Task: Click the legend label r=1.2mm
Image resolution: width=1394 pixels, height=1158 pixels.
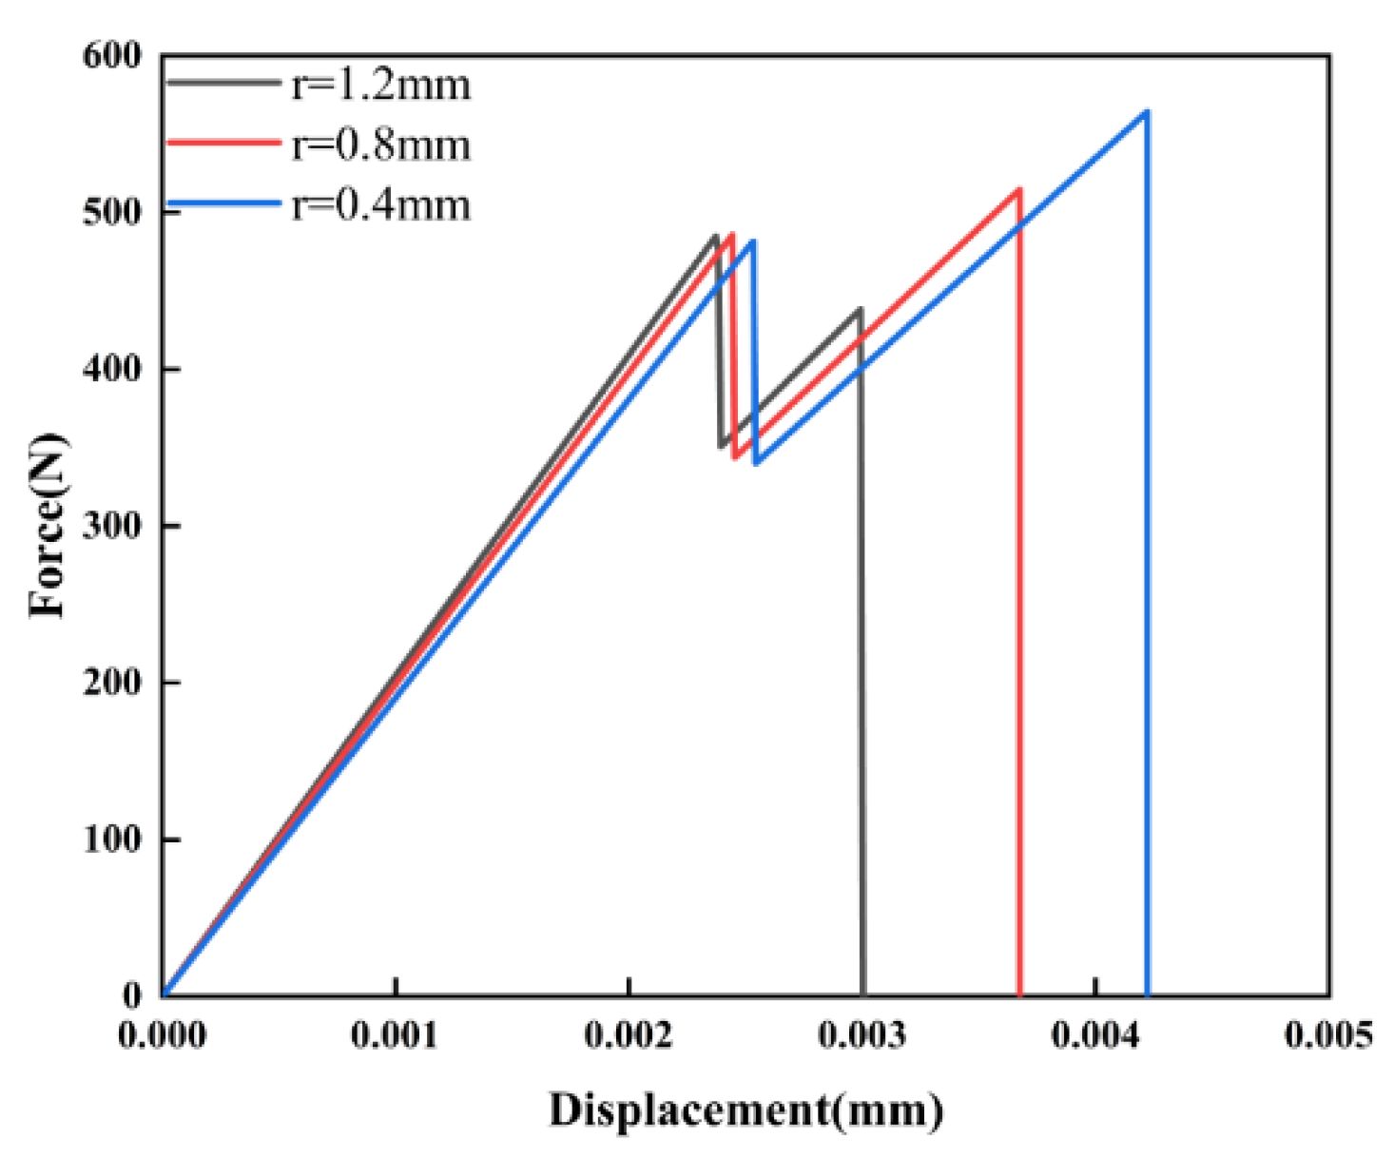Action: tap(380, 86)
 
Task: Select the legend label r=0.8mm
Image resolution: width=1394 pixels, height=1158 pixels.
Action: tap(380, 145)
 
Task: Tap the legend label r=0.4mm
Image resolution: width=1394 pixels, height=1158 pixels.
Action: tap(380, 205)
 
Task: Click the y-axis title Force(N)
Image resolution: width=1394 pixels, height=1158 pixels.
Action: tap(48, 525)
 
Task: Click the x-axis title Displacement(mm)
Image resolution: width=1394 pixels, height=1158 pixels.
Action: tap(745, 1110)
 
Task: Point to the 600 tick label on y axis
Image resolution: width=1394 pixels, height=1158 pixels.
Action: tap(111, 56)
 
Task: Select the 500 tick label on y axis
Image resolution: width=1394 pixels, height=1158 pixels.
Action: tap(111, 212)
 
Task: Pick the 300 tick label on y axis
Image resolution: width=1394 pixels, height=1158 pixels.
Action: tap(111, 526)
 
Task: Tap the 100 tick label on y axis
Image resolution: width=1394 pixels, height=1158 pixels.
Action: tap(111, 840)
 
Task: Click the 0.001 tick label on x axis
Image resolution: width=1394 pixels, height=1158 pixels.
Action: tap(395, 1035)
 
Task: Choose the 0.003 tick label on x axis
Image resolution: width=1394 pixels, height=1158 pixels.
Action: tap(862, 1035)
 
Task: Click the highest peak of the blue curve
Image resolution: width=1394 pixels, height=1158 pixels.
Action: tap(1147, 112)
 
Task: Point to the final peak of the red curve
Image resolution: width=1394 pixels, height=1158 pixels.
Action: tap(1019, 190)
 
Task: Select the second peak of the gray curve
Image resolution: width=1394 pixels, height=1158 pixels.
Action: tap(860, 309)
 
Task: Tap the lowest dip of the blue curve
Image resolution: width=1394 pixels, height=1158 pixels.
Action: tap(756, 463)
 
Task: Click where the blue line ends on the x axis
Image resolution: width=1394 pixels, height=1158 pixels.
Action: tap(1148, 994)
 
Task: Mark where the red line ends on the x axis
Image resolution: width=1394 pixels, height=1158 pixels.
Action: tap(1019, 994)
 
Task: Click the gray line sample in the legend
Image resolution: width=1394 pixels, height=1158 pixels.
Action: tap(224, 84)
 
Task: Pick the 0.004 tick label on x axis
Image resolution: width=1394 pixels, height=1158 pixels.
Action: tap(1094, 1035)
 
